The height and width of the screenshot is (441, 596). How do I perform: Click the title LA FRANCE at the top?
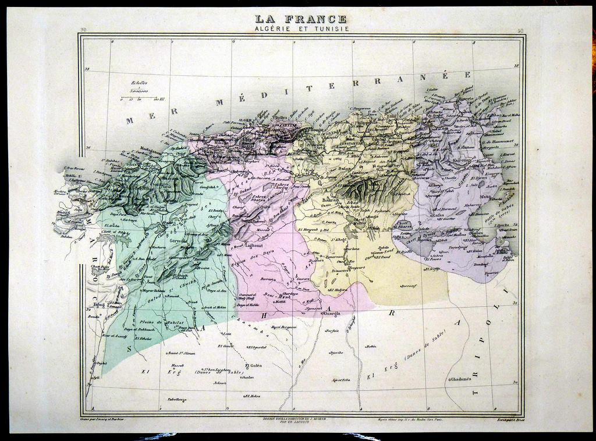point(301,19)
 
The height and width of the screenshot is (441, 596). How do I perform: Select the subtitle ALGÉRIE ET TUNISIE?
point(301,29)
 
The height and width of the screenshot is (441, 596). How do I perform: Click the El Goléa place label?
point(254,365)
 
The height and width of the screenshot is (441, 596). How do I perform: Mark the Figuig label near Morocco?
point(98,304)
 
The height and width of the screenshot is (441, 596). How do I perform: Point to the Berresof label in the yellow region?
point(410,286)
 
